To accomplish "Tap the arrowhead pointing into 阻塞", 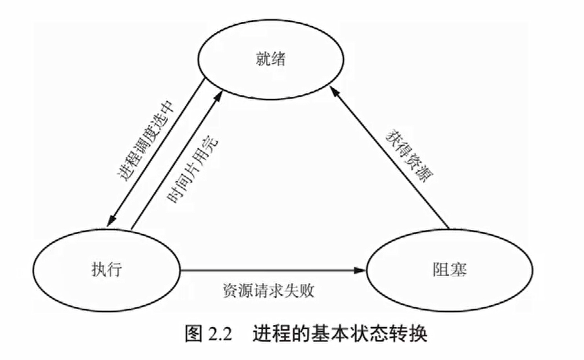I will tap(360, 271).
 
